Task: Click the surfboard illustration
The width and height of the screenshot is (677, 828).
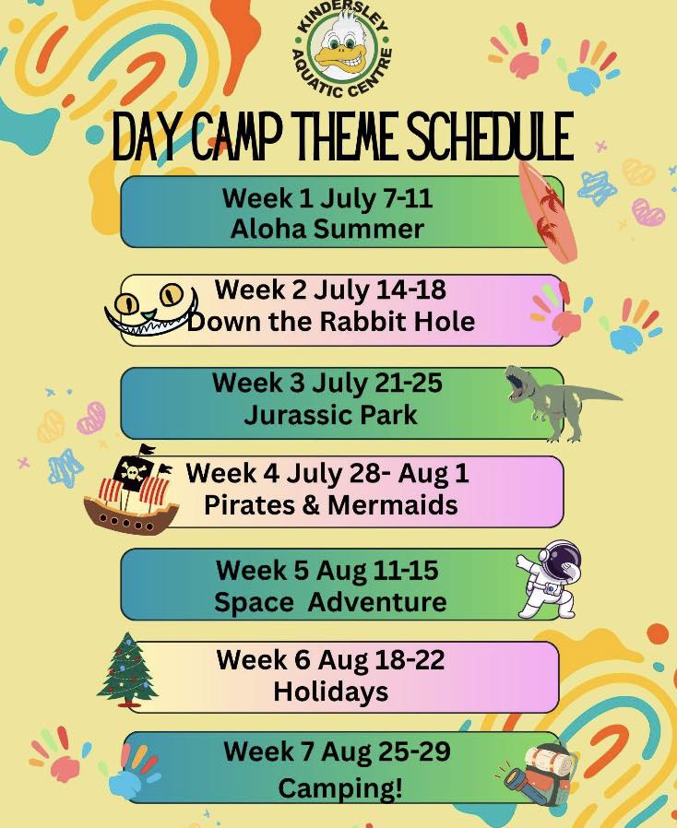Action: pos(548,211)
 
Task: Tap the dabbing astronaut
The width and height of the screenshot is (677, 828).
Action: pos(550,579)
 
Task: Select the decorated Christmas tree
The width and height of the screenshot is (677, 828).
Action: pos(127,669)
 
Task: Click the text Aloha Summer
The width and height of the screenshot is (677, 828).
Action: pos(327,230)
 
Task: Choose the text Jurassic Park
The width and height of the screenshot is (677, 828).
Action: pos(330,415)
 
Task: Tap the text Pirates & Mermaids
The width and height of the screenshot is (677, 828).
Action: pos(330,505)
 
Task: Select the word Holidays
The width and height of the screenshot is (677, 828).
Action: pos(330,692)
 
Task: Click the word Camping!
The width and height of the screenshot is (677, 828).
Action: pos(340,788)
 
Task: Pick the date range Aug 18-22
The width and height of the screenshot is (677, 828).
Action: pos(381,660)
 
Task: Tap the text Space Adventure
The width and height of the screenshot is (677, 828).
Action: pos(330,602)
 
